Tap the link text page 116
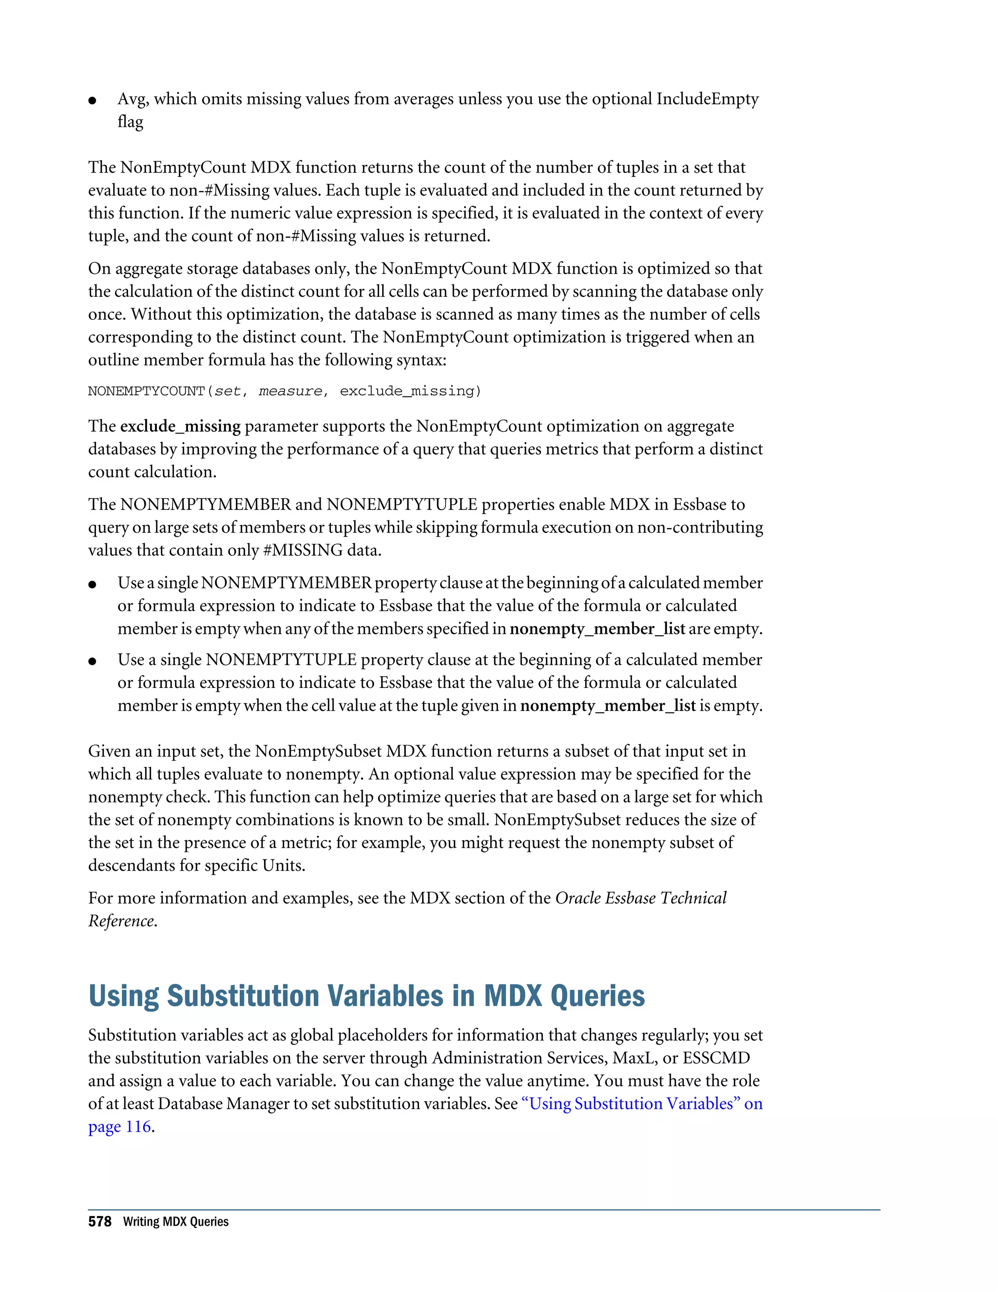119,1126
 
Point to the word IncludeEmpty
707,99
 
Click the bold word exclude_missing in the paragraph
180,426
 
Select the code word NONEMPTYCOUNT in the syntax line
145,391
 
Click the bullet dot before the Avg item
92,100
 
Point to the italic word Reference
121,921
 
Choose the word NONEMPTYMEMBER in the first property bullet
286,583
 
